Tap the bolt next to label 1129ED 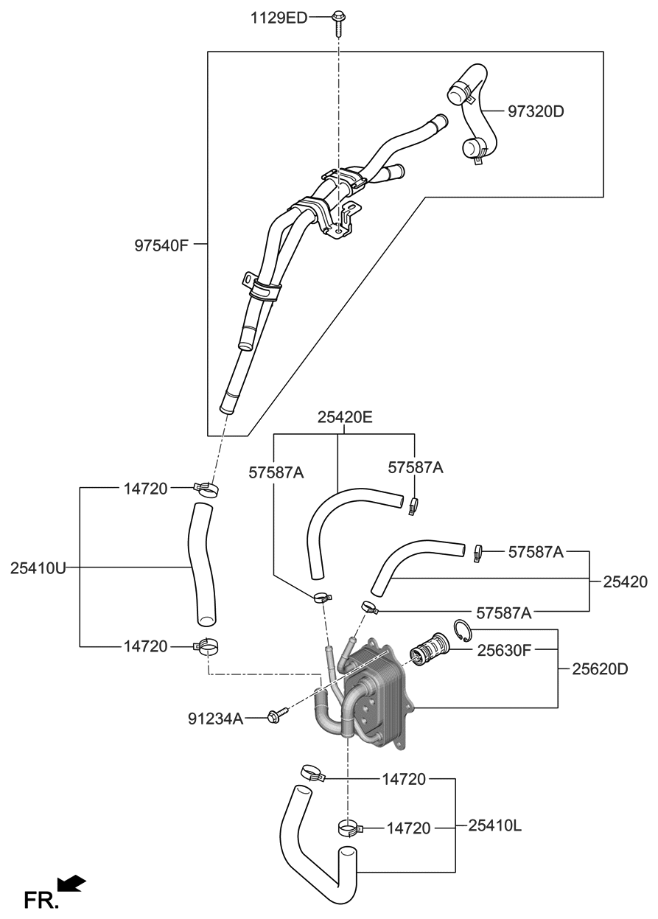coord(339,20)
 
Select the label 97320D coord(536,112)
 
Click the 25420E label coord(345,417)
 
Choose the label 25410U coord(39,567)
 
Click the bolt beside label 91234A coord(279,714)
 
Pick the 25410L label coord(494,826)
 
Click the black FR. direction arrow coord(72,884)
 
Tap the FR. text coord(41,900)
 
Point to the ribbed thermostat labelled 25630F coord(427,649)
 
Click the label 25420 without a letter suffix coord(625,581)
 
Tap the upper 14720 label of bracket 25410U coord(145,488)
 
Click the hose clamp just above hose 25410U coord(206,488)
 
